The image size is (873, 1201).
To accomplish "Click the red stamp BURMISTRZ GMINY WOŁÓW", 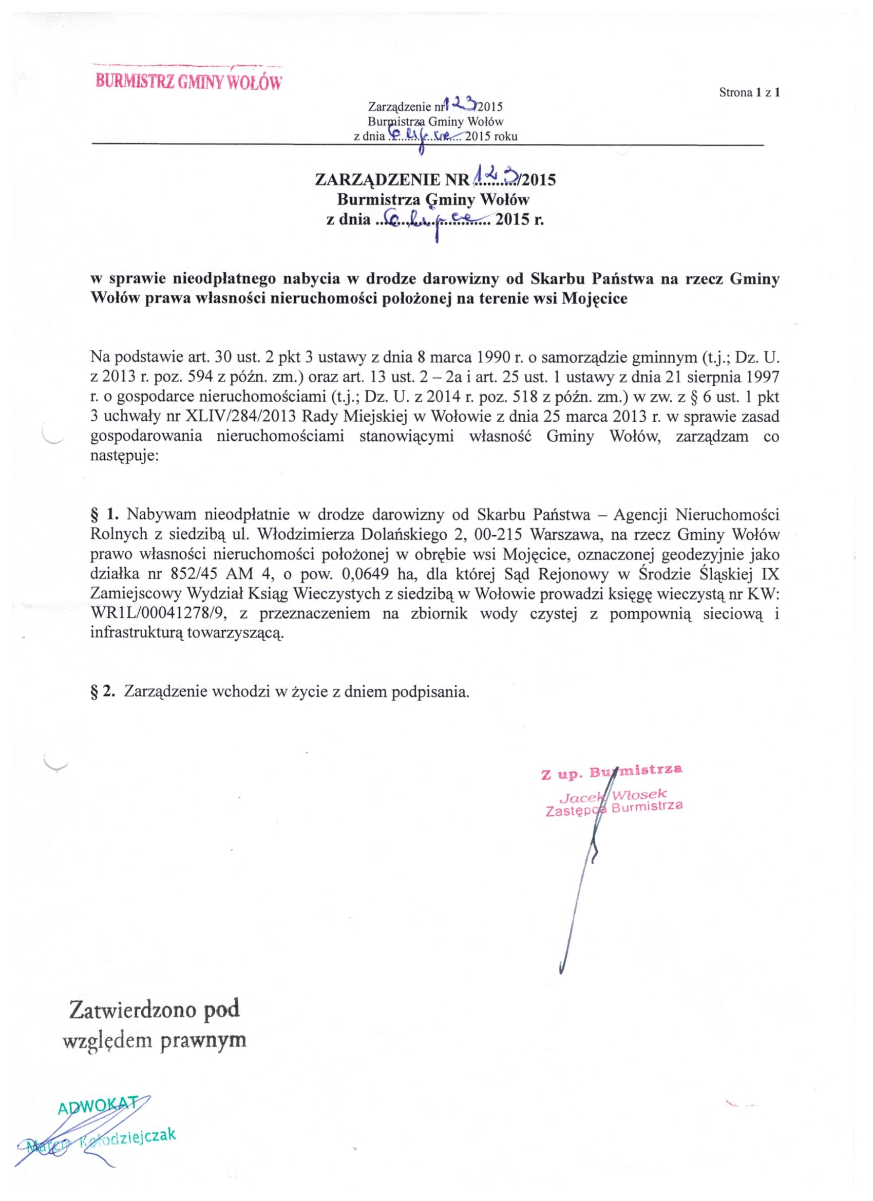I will (187, 82).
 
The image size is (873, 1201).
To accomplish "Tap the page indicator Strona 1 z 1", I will (750, 92).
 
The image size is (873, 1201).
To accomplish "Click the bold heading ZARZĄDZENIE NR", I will (392, 180).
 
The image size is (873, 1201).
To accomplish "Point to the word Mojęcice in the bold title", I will (594, 298).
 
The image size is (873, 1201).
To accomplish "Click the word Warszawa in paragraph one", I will (563, 535).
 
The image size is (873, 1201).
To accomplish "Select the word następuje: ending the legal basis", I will (124, 456).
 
